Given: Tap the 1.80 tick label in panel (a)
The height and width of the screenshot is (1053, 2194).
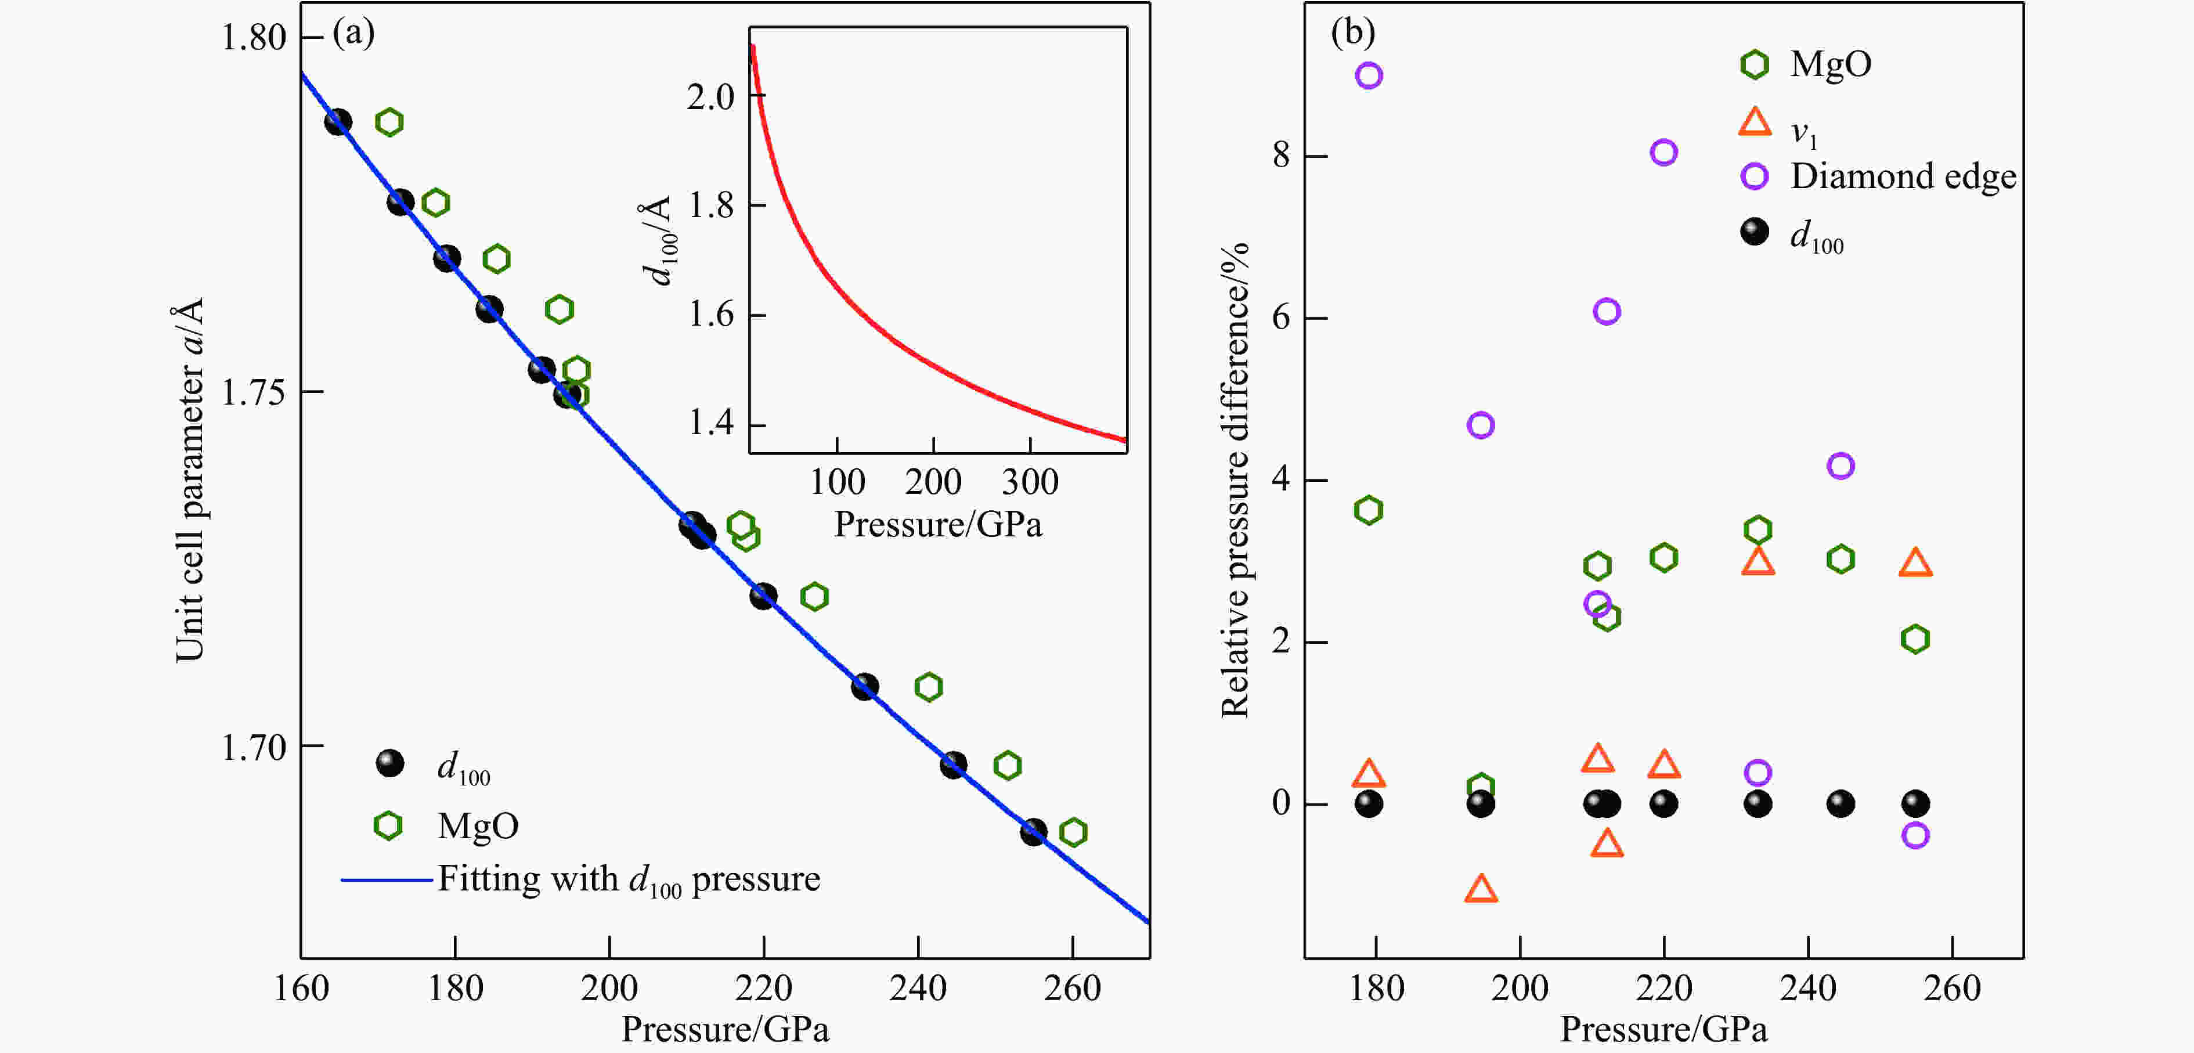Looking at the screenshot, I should click(253, 38).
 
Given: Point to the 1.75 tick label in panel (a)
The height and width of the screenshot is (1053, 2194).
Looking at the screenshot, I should click(253, 393).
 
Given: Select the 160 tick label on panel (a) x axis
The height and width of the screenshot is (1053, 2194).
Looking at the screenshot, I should click(301, 988).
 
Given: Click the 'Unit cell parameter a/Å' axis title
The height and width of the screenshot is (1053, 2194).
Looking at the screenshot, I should click(189, 479).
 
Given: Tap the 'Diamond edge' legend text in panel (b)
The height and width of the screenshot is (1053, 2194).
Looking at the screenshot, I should click(1903, 176).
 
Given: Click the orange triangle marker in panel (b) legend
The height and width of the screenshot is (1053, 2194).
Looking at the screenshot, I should click(1755, 122).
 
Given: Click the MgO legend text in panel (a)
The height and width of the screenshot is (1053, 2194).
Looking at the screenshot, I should click(478, 825).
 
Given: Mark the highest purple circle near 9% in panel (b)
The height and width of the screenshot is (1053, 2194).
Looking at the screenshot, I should click(1369, 76).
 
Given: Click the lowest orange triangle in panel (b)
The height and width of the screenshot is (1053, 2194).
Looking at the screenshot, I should click(1481, 889).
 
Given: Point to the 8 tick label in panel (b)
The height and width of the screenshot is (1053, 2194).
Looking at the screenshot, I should click(1281, 156).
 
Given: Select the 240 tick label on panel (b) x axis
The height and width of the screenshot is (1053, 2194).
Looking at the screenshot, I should click(1807, 988).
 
